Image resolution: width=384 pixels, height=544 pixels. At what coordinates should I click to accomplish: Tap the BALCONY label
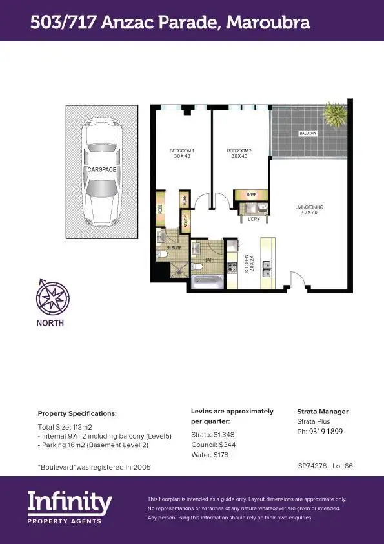(308, 134)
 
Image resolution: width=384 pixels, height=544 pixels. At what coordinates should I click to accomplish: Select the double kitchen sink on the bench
(268, 271)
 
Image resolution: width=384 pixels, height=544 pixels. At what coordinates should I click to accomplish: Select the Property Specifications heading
(77, 413)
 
